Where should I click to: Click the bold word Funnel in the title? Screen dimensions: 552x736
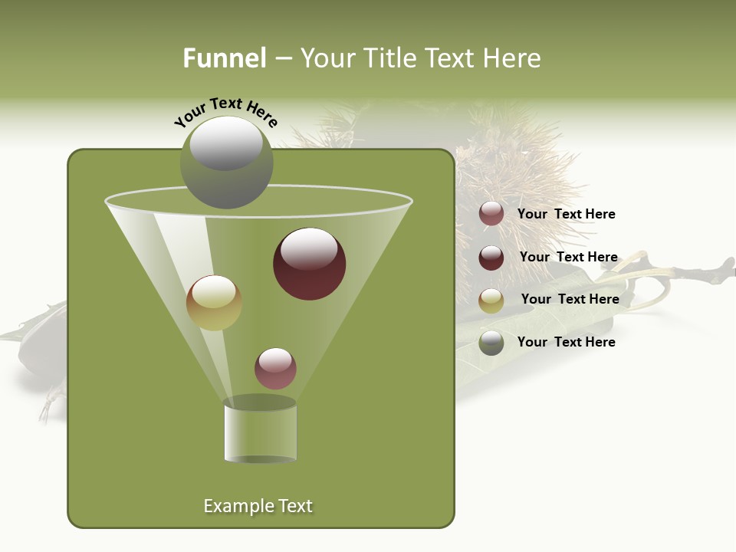pos(225,58)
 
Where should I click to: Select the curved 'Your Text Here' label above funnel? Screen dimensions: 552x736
pos(226,112)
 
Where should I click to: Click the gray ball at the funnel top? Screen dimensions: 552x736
pos(226,163)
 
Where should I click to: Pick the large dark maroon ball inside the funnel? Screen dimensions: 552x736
pos(309,264)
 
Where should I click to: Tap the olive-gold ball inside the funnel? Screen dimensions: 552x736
pos(214,302)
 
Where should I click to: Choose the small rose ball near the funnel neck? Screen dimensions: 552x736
pos(275,368)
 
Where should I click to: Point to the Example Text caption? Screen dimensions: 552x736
pos(258,506)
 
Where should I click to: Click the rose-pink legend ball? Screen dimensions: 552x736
pos(491,214)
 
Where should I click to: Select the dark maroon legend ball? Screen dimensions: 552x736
pos(491,258)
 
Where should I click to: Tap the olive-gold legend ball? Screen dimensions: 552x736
pos(491,301)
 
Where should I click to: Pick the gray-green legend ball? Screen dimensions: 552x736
pos(491,343)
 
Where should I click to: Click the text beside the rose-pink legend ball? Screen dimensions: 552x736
pos(566,214)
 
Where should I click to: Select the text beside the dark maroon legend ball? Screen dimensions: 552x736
pos(568,257)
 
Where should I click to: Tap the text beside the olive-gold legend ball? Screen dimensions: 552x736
pos(570,299)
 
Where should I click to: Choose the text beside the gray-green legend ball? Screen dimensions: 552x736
pos(566,342)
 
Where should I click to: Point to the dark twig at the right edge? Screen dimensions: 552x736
pos(701,270)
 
